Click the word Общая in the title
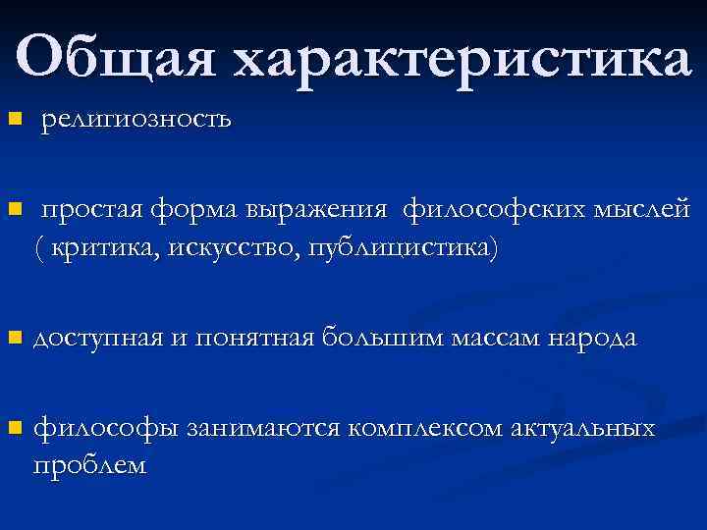[x=118, y=60]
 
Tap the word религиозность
[x=136, y=121]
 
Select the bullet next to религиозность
[x=13, y=120]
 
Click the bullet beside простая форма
[x=13, y=210]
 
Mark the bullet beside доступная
[x=13, y=339]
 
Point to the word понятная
[x=253, y=340]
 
